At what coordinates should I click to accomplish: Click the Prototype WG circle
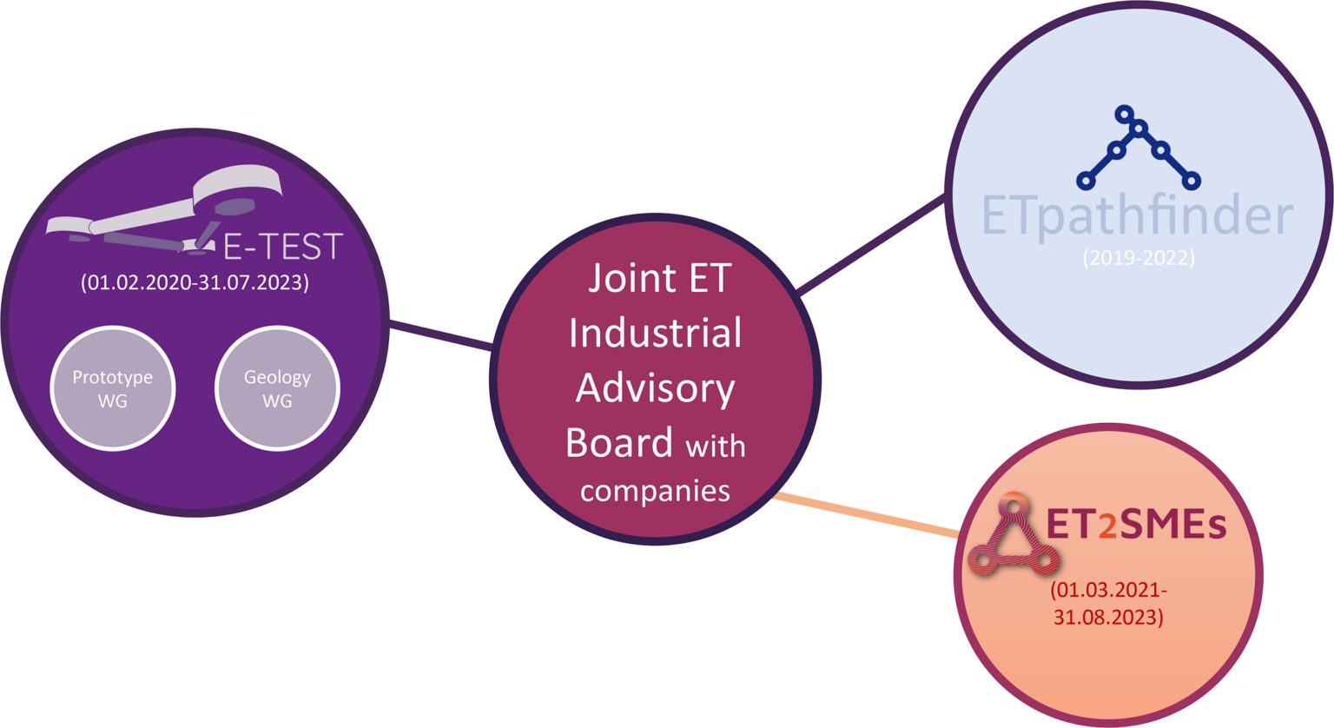click(x=112, y=388)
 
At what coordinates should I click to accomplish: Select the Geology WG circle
click(x=277, y=388)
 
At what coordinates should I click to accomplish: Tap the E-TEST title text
click(x=283, y=247)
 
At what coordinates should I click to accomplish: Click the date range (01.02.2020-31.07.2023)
click(x=195, y=283)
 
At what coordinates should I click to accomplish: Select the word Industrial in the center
click(x=655, y=334)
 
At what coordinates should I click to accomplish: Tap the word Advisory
click(x=655, y=388)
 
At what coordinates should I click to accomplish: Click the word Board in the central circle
click(x=618, y=442)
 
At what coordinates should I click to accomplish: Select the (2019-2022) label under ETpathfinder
click(x=1138, y=258)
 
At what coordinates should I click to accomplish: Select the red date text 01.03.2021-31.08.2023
click(x=1108, y=604)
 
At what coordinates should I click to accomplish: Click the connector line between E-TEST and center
click(x=441, y=336)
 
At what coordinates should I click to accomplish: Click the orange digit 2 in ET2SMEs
click(x=1107, y=528)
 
